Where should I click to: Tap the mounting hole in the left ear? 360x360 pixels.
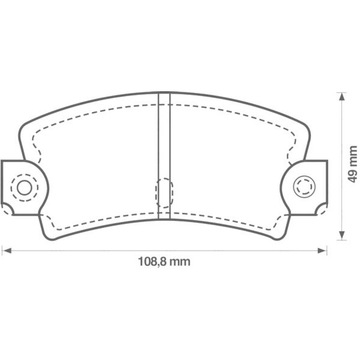pyautogui.click(x=24, y=187)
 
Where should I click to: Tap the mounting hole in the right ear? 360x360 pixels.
pyautogui.click(x=304, y=187)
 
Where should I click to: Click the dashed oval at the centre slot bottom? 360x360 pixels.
pyautogui.click(x=164, y=193)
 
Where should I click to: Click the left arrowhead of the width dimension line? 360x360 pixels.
pyautogui.click(x=5, y=250)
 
